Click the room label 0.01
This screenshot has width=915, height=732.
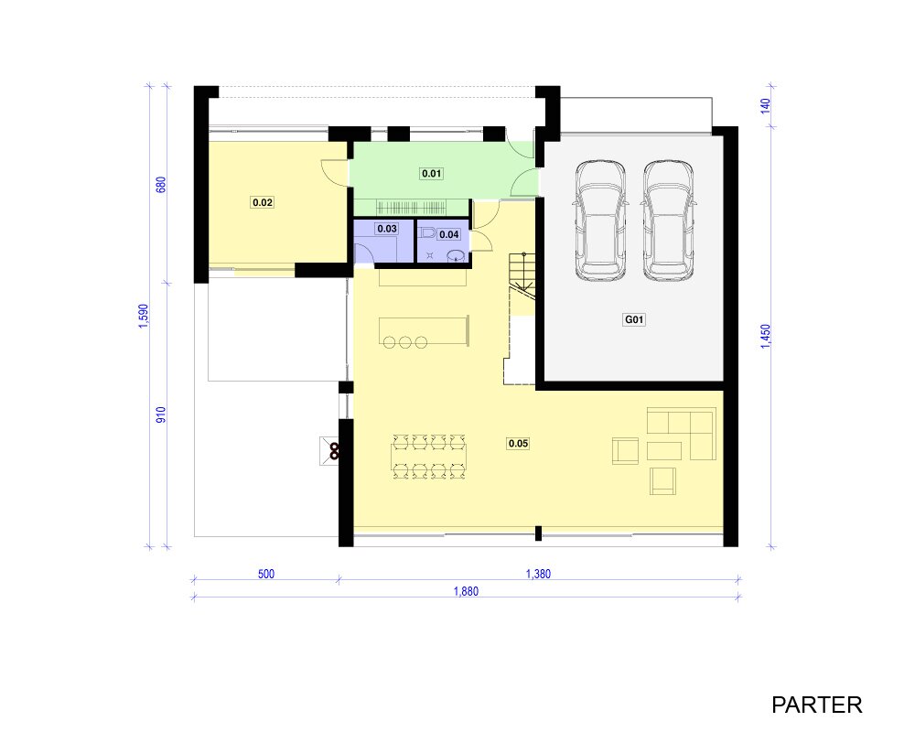(431, 173)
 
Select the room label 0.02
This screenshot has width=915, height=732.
(263, 202)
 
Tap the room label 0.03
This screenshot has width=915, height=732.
(387, 229)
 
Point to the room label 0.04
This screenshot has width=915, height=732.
(448, 234)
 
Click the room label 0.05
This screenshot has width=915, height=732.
(518, 444)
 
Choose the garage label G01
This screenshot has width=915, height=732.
(634, 319)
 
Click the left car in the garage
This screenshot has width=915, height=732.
(600, 221)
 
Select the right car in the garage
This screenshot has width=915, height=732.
(669, 221)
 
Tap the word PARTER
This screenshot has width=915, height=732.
(817, 705)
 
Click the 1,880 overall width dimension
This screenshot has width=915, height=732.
(466, 591)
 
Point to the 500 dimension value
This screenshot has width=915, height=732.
(266, 574)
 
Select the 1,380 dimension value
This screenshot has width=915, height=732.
(538, 574)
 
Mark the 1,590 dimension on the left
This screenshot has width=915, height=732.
(144, 316)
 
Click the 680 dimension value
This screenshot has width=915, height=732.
(161, 185)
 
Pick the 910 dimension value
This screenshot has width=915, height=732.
(161, 415)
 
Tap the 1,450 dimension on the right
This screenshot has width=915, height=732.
(766, 337)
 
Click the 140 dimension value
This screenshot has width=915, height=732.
(766, 105)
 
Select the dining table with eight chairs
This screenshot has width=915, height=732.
(429, 457)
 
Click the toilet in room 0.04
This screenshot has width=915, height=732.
(427, 233)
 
